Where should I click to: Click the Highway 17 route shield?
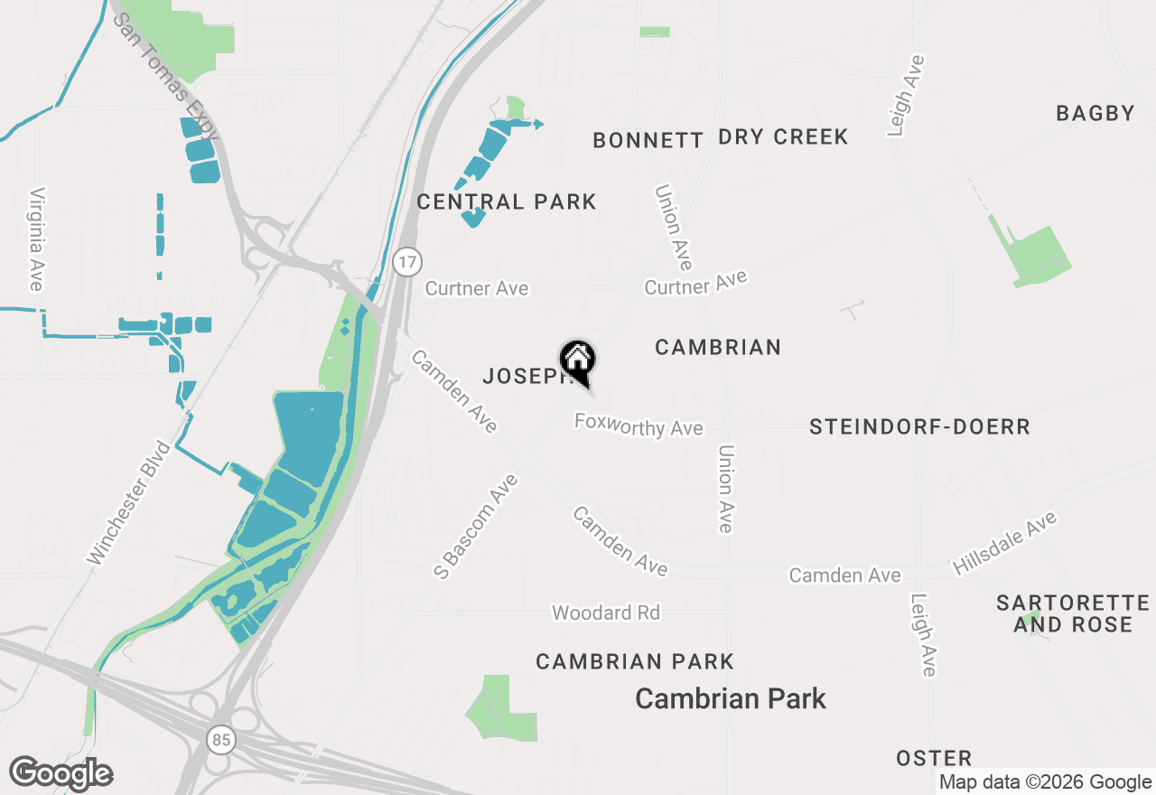click(x=408, y=262)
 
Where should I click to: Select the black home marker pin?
click(x=578, y=361)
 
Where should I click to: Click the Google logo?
click(x=61, y=773)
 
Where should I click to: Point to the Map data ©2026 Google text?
click(x=1044, y=782)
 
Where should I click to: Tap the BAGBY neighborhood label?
click(x=1095, y=114)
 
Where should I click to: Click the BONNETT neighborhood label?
click(x=648, y=140)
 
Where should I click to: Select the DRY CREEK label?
click(x=783, y=137)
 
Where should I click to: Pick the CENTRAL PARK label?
click(x=507, y=201)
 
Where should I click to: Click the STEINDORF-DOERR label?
click(x=919, y=427)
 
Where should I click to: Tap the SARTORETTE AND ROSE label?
click(x=1073, y=613)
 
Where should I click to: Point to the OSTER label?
click(x=934, y=758)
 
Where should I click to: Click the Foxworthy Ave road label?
click(x=639, y=425)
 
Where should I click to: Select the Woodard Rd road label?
click(x=606, y=613)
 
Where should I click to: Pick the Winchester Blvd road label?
click(x=128, y=502)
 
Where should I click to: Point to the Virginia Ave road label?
click(x=36, y=239)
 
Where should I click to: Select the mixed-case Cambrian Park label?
click(x=731, y=698)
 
